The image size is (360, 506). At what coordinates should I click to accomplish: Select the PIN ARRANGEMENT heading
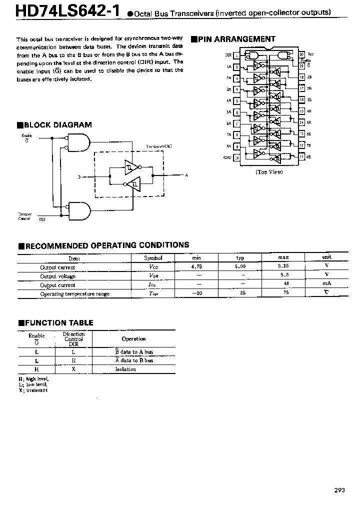(236, 38)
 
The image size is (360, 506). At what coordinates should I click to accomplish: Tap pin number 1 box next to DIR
(236, 55)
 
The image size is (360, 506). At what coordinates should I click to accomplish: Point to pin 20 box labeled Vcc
(302, 55)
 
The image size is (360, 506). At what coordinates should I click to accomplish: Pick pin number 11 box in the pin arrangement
(302, 157)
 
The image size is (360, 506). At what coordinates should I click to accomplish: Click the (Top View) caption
(269, 171)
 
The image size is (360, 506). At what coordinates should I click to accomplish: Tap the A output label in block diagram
(186, 175)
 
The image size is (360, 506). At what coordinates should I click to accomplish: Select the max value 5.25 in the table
(283, 266)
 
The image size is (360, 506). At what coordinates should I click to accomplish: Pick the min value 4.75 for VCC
(196, 266)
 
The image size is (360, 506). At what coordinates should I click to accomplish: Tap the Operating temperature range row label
(74, 293)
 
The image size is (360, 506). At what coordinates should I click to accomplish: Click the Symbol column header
(153, 258)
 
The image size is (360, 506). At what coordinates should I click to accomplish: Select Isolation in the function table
(125, 369)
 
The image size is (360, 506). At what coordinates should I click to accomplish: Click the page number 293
(339, 490)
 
